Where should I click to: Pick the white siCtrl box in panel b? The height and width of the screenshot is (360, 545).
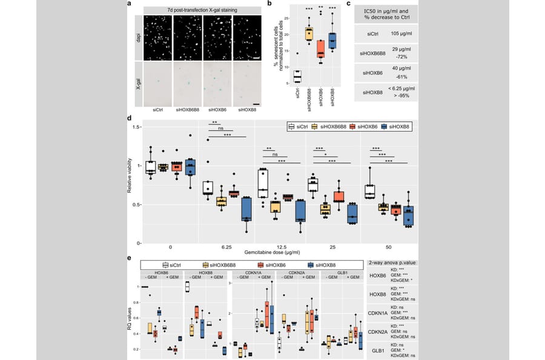click(x=297, y=76)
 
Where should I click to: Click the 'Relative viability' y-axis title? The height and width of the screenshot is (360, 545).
click(x=130, y=185)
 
